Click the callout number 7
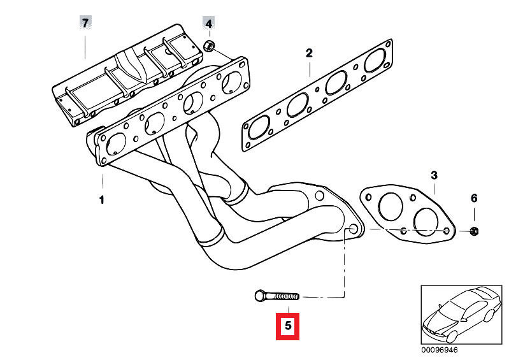click(x=85, y=23)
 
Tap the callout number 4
click(x=209, y=23)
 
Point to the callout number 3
click(x=433, y=175)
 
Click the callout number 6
click(x=473, y=198)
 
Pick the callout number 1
click(x=101, y=200)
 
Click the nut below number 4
click(x=209, y=46)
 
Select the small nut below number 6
click(x=474, y=230)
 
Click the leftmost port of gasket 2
click(x=257, y=131)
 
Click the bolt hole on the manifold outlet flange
click(x=350, y=229)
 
